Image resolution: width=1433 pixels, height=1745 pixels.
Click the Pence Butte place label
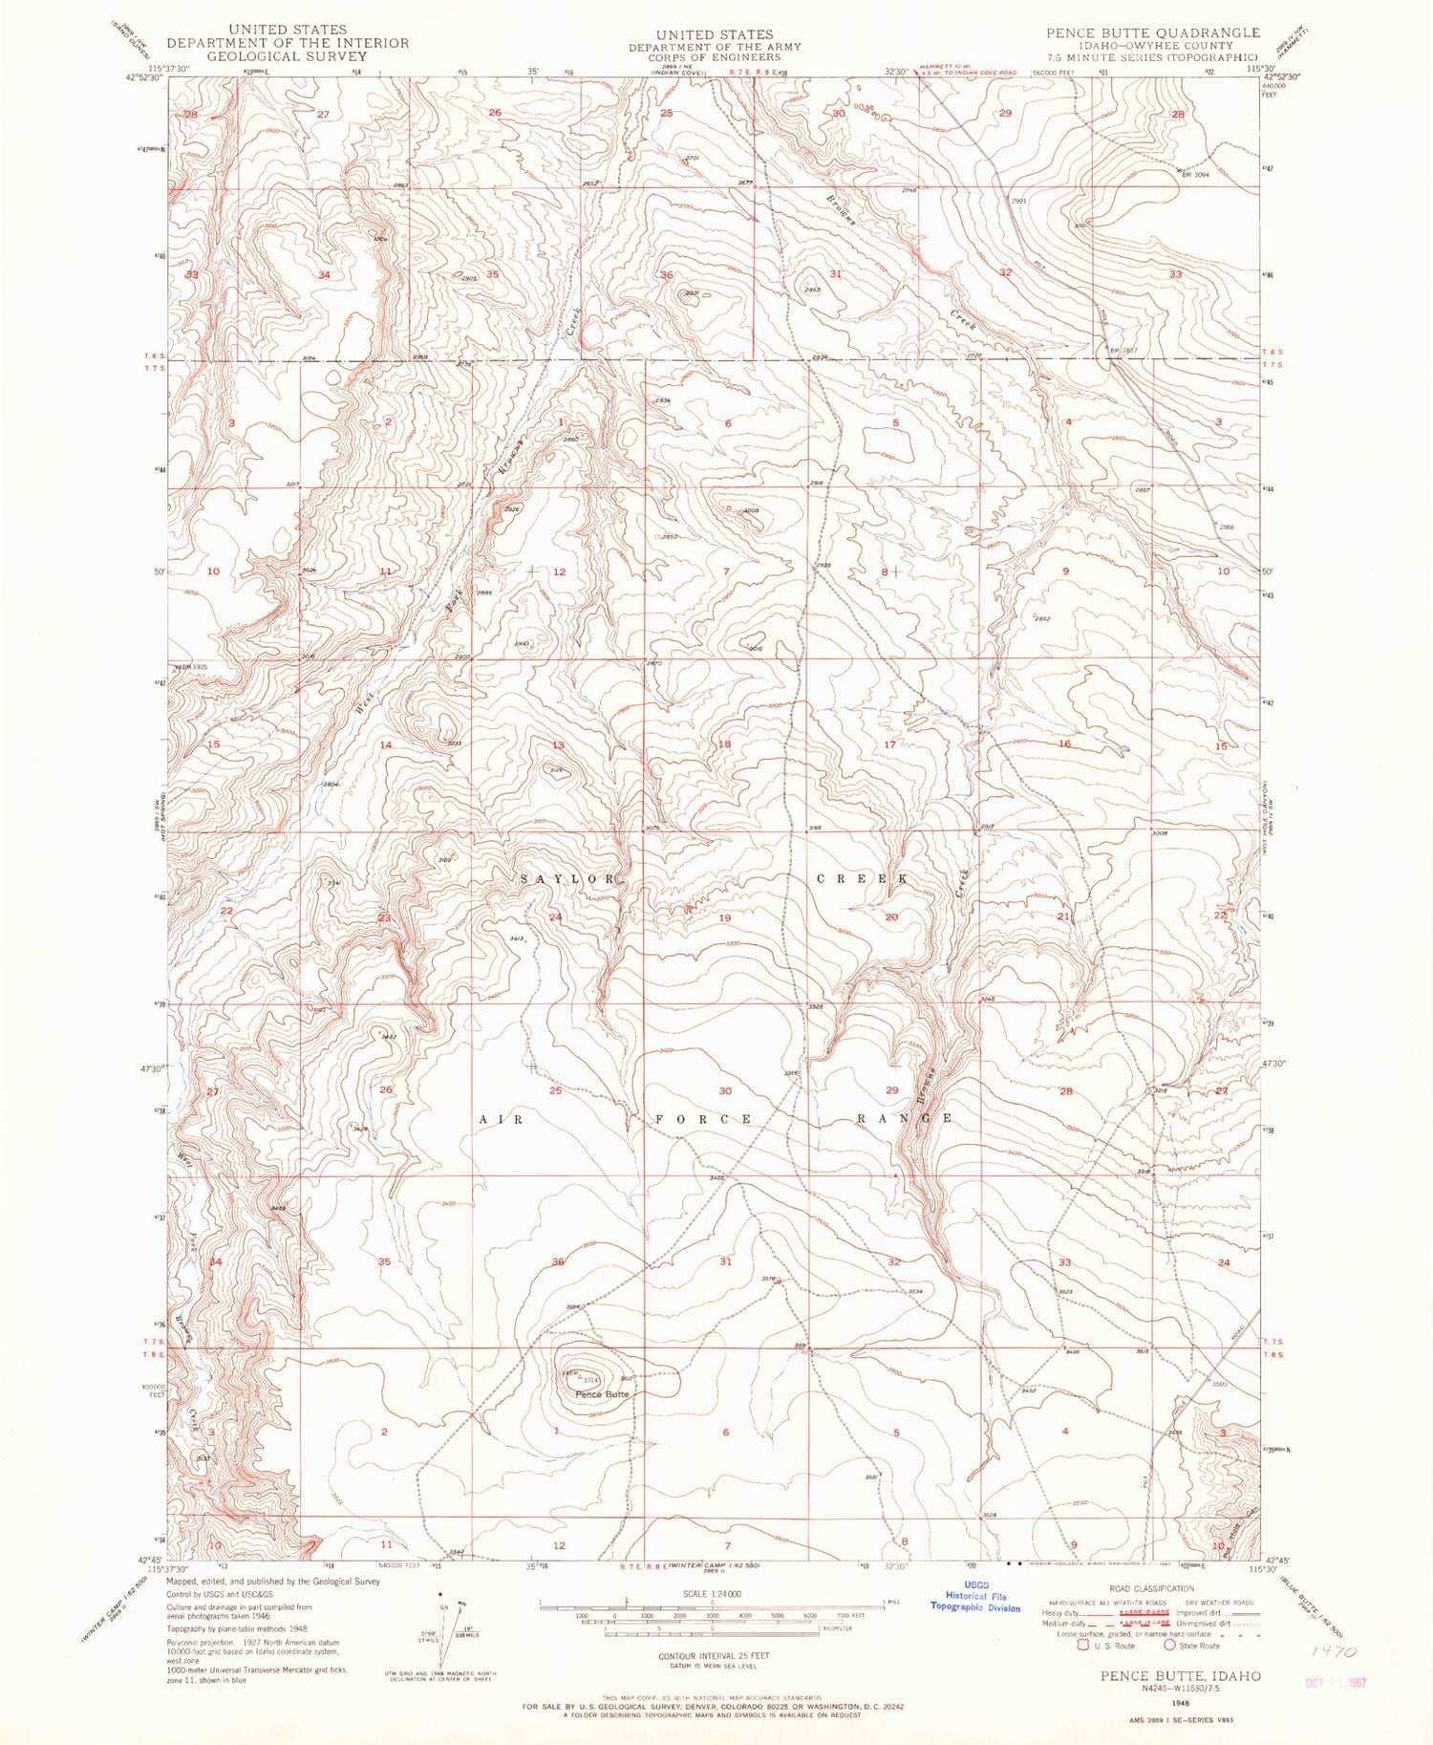coord(602,1394)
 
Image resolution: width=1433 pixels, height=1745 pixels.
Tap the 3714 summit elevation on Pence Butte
coord(591,1380)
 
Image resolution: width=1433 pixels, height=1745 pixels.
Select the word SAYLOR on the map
coord(567,878)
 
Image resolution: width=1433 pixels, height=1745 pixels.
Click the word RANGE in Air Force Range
coord(903,1118)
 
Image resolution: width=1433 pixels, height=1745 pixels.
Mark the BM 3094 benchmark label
coord(1195,174)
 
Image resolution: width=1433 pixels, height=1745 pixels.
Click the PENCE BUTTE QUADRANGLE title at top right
coord(1153,32)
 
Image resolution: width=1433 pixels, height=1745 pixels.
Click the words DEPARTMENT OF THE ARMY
coord(715,46)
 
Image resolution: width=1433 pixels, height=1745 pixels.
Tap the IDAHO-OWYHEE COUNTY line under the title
coord(1152,46)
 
